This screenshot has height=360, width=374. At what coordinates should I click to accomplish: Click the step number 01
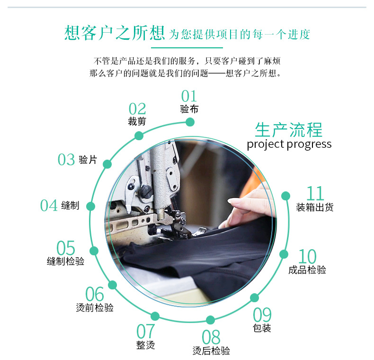click(x=189, y=97)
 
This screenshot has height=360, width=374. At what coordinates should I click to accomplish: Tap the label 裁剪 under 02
click(x=137, y=121)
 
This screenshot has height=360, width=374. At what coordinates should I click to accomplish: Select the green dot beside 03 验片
click(x=107, y=164)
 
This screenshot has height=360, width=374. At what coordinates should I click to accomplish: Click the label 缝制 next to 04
click(x=70, y=206)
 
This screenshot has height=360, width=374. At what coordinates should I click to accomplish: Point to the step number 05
click(x=66, y=248)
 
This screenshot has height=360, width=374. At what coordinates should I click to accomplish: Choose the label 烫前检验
click(x=95, y=307)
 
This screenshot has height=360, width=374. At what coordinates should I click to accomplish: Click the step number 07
click(x=146, y=331)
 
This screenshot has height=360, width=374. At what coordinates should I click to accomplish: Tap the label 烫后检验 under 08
click(x=211, y=351)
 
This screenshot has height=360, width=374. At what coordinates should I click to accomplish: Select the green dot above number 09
click(x=255, y=297)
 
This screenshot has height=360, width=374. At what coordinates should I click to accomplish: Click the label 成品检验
click(x=307, y=270)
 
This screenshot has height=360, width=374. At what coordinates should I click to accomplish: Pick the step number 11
click(x=315, y=194)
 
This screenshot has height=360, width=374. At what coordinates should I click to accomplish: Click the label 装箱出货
click(x=315, y=207)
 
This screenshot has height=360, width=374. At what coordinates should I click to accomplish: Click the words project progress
click(x=289, y=144)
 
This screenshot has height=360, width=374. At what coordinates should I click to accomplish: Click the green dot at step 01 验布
click(x=190, y=122)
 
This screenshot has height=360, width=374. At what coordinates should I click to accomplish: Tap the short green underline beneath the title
click(x=187, y=47)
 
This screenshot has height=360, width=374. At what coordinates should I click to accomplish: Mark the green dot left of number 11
click(x=285, y=196)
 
